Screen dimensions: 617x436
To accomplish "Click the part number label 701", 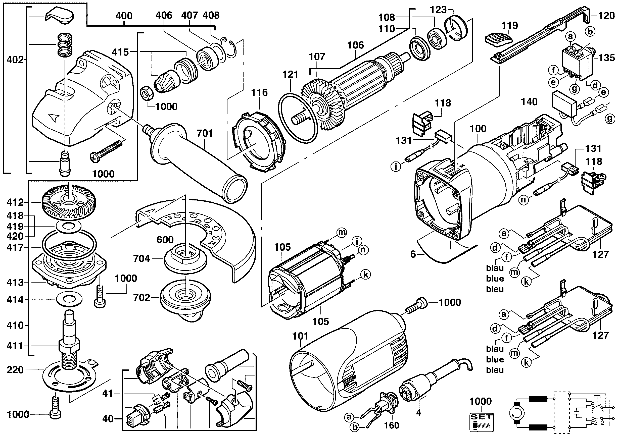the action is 205,133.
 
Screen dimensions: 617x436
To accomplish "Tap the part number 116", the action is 259,93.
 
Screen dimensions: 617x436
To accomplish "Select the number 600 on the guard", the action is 165,240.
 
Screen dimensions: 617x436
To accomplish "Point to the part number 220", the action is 15,370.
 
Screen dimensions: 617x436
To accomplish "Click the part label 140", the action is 529,102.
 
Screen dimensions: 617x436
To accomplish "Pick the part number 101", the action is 300,336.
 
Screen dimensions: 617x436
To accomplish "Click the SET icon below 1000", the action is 481,422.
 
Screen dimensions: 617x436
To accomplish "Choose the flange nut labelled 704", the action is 185,260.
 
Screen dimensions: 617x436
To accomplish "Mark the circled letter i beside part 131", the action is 396,167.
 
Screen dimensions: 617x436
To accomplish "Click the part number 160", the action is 392,425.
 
